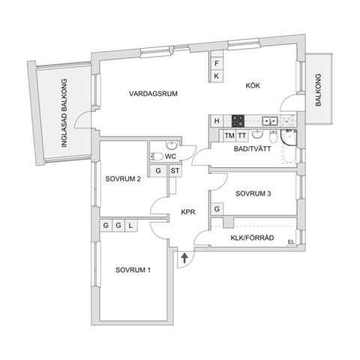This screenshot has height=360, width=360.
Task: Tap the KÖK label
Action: (252, 85)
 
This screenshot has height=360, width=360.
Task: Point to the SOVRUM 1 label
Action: (133, 270)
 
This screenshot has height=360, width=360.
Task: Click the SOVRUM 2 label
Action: (124, 179)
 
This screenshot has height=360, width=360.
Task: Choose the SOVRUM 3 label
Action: (253, 193)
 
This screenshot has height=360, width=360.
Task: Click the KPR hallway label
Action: (187, 212)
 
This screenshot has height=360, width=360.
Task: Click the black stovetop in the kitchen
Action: (238, 121)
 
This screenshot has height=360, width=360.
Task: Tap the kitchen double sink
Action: (270, 121)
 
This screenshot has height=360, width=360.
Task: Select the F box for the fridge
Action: (216, 64)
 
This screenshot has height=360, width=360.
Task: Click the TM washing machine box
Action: (229, 136)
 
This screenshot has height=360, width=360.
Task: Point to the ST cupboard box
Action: (175, 170)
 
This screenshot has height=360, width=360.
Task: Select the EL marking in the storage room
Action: (290, 241)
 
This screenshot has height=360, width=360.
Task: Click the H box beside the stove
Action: (216, 121)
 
